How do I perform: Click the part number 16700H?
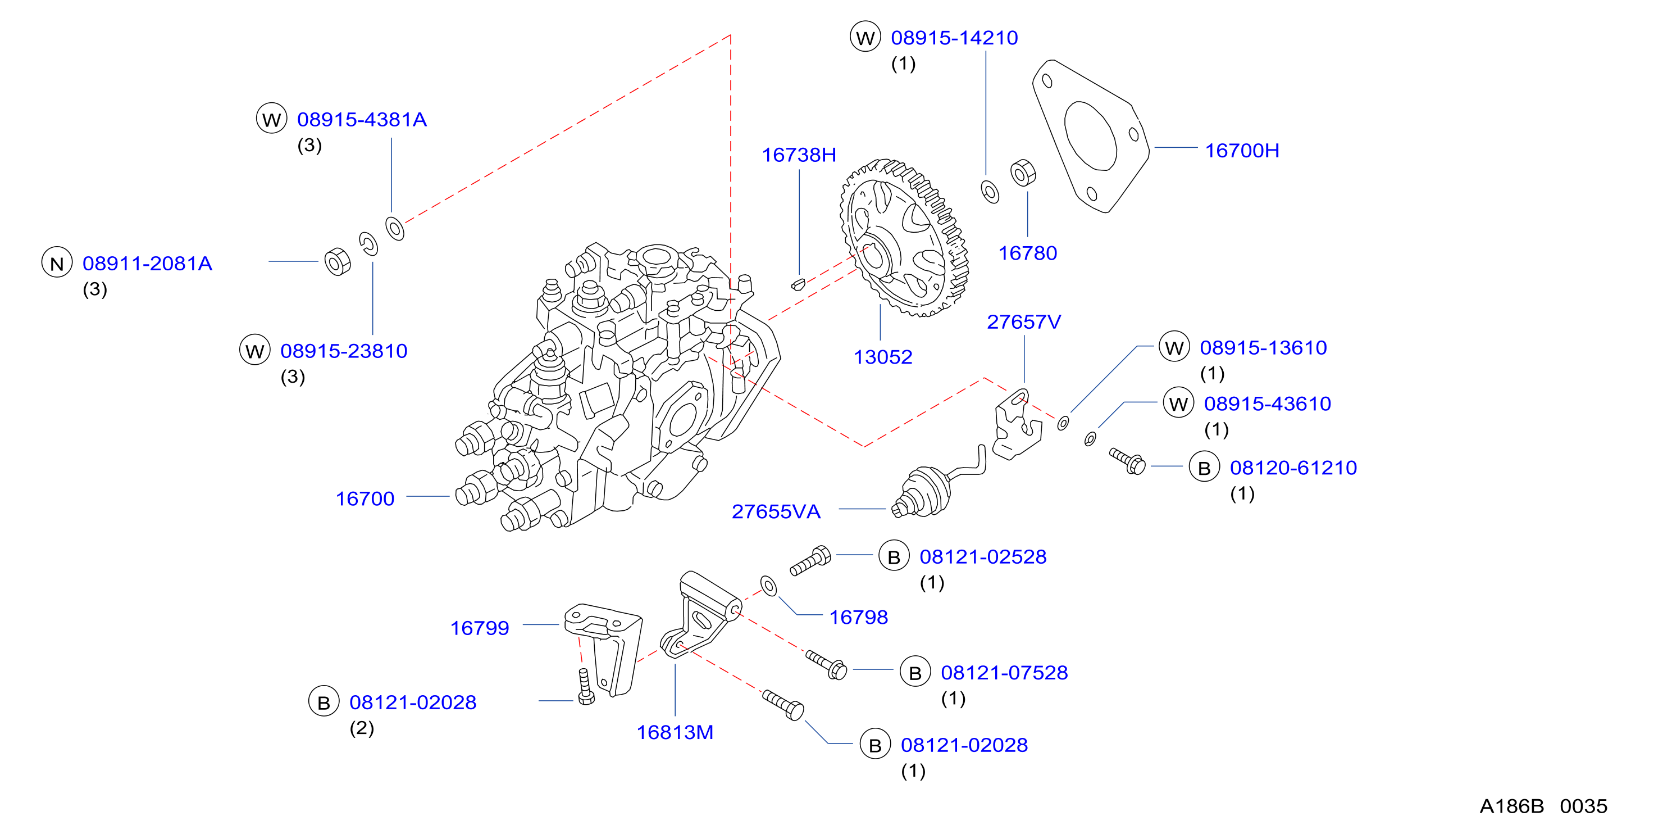tap(1242, 151)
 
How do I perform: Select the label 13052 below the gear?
tap(883, 357)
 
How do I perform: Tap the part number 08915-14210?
tap(954, 38)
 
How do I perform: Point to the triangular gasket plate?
tap(1091, 136)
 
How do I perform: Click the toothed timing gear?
tap(904, 238)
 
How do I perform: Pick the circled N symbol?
tap(57, 262)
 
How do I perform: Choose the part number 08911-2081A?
tap(147, 263)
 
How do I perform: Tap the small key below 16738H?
tap(798, 284)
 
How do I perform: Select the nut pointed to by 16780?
tap(1023, 173)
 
